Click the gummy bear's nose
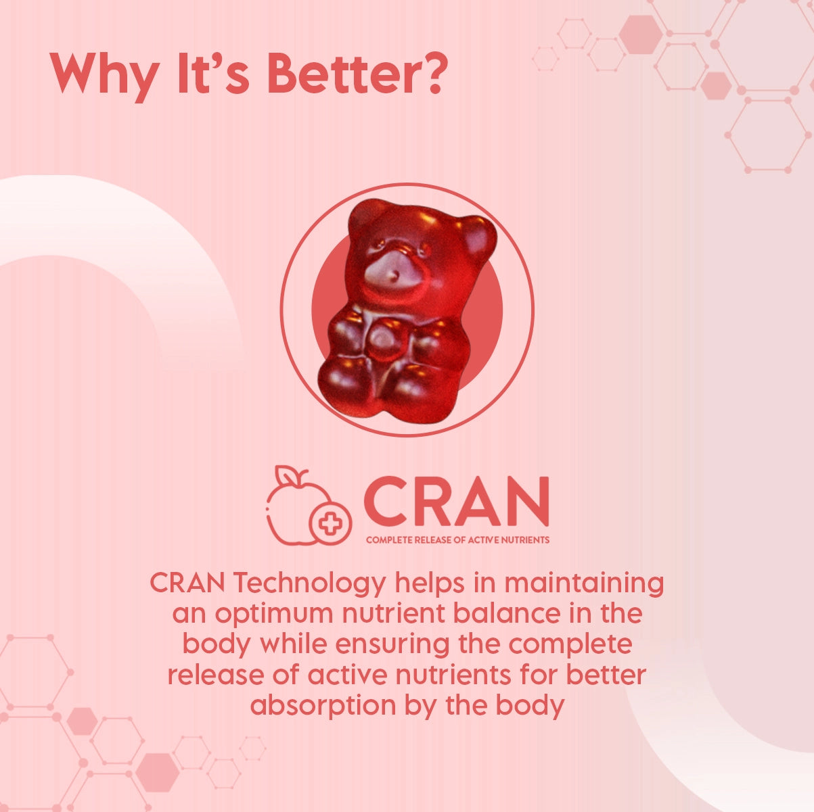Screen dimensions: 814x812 [x=393, y=276]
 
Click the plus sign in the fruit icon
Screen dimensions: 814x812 [x=330, y=523]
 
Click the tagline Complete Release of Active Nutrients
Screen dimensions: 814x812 [x=457, y=540]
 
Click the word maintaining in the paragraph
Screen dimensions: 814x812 [x=584, y=583]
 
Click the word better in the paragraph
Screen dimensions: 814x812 [x=606, y=674]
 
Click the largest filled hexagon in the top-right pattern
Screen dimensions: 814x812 [x=640, y=34]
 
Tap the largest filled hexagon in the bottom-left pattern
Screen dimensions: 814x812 [x=158, y=773]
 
